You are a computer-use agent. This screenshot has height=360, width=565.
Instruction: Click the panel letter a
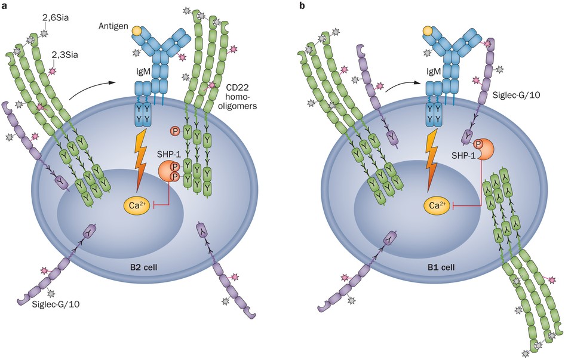[5, 7]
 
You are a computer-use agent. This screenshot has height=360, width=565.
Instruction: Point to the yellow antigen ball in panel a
[138, 29]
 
